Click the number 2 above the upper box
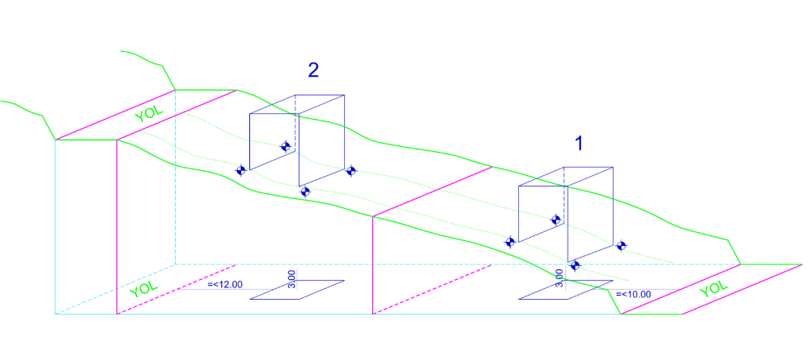point(314,70)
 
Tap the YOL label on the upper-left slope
point(149,113)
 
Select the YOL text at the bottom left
point(143,288)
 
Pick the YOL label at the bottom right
point(714,288)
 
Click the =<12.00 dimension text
point(225,284)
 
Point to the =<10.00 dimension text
point(633,293)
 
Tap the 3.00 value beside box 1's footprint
point(559,277)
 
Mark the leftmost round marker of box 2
point(241,170)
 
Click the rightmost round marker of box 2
point(351,171)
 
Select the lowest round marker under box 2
point(305,192)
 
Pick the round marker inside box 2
point(286,147)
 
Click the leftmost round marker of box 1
point(511,242)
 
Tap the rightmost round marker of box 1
point(621,245)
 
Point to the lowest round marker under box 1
point(575,265)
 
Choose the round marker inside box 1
point(557,220)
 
